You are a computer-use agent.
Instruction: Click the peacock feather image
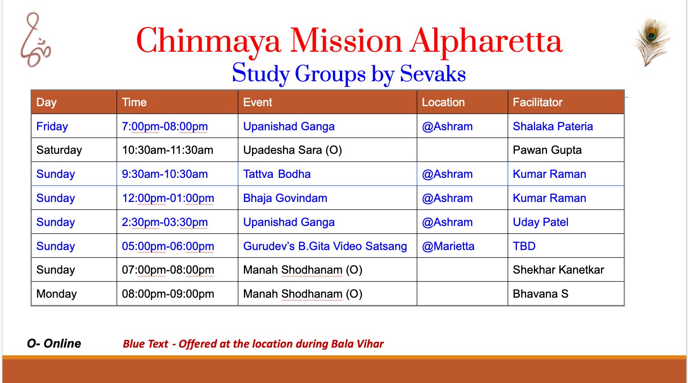[x=652, y=42]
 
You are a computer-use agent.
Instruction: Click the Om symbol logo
[x=35, y=39]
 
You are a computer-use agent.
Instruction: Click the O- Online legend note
[x=54, y=344]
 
